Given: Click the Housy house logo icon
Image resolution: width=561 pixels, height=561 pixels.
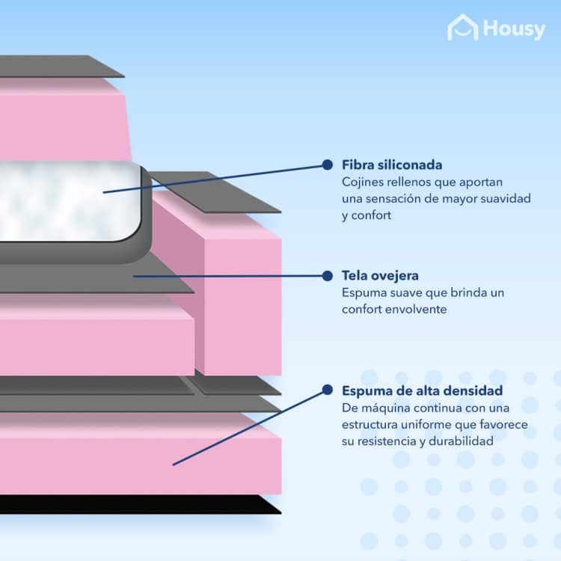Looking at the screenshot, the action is [x=462, y=27].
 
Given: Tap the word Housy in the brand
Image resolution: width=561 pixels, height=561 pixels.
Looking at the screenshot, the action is [x=514, y=29].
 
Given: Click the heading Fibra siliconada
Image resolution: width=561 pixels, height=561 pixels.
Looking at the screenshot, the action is [x=392, y=165].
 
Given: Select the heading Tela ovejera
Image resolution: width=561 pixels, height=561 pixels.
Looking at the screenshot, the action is [x=380, y=276].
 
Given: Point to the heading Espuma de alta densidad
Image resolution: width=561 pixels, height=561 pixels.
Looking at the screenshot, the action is [x=422, y=390].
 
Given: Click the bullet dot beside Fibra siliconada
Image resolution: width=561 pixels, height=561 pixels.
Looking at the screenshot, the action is [x=327, y=165].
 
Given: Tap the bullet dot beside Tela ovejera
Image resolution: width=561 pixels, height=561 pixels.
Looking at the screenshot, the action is [x=327, y=276].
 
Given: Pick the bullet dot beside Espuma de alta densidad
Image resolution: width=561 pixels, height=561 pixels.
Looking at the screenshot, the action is [x=327, y=390].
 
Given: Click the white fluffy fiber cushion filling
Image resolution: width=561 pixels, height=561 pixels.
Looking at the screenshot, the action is [x=68, y=201].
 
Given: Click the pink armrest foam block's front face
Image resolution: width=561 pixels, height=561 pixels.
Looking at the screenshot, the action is [x=242, y=306].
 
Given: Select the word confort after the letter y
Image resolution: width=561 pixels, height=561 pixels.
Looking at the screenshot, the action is [x=371, y=215].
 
